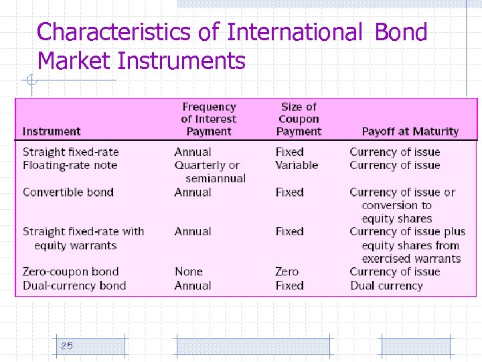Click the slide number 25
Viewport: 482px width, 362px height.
[67, 346]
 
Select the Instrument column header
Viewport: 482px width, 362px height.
[52, 131]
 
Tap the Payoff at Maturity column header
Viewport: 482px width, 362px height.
[410, 131]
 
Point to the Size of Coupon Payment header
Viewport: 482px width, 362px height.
[299, 119]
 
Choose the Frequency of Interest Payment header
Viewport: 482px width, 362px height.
[209, 119]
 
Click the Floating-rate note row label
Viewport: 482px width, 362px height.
[70, 165]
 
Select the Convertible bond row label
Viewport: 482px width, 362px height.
[68, 192]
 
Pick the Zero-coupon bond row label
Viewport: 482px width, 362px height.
[70, 271]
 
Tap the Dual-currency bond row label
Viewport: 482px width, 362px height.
[74, 285]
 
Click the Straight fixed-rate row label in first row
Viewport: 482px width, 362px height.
[70, 152]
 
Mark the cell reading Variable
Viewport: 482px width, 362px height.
[297, 165]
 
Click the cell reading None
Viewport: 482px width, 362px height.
[188, 271]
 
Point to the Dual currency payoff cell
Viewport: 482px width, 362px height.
[386, 285]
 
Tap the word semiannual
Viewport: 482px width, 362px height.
[216, 178]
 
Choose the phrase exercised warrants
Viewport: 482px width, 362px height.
[411, 258]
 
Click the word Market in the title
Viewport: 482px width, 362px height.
[74, 61]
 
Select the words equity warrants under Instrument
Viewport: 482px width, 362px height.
[76, 245]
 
